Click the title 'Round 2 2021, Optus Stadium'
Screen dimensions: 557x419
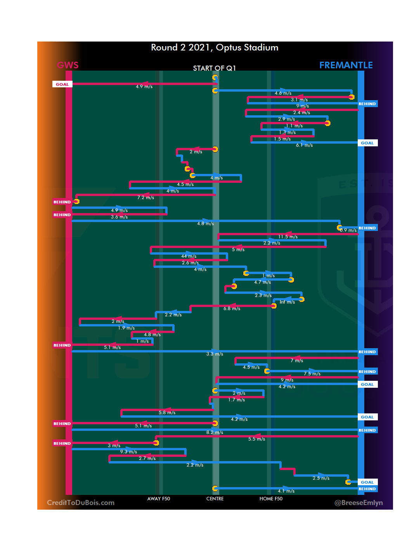(215, 47)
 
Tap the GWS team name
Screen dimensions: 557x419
(68, 65)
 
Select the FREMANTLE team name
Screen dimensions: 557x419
(346, 65)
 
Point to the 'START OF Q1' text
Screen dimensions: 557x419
(215, 68)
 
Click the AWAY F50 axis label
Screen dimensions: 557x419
(159, 499)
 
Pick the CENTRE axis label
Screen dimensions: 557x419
(215, 499)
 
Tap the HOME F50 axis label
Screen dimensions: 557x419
(271, 499)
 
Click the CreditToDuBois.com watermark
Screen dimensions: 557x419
(81, 503)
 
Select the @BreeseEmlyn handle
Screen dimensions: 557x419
(358, 503)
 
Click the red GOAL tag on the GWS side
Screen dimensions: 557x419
(62, 84)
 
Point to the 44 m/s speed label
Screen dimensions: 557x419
(189, 256)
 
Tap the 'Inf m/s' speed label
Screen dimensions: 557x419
(287, 302)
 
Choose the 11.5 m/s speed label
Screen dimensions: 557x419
(288, 237)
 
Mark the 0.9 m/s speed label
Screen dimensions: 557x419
(348, 230)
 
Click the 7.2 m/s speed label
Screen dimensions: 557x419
(145, 198)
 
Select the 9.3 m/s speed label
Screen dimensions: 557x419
(128, 452)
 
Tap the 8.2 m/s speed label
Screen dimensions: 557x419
(215, 432)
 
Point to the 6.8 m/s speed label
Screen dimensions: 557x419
(232, 309)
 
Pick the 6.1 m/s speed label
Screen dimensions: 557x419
(304, 145)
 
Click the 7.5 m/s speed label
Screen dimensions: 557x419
(312, 374)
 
